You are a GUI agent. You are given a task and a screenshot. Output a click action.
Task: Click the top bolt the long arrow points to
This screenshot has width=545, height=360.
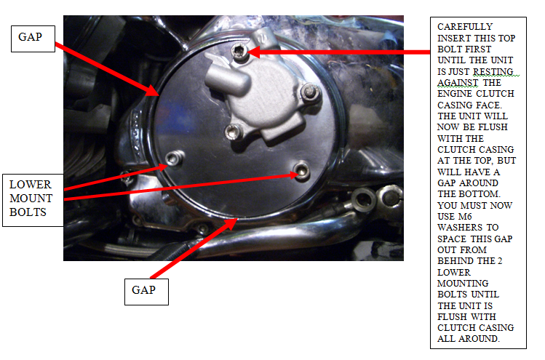(239, 52)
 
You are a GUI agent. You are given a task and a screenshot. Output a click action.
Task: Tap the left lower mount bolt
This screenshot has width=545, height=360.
(174, 159)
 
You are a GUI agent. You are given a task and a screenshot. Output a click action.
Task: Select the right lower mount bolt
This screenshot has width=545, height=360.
(301, 171)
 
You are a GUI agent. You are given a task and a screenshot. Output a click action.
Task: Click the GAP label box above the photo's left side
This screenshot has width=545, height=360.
(33, 39)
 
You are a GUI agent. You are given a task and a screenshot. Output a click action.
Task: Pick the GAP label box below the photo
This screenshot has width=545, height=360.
(146, 292)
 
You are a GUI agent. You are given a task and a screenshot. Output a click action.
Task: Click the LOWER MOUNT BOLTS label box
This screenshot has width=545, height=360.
(33, 200)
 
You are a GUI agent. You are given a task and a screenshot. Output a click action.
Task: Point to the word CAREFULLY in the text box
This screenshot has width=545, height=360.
(465, 27)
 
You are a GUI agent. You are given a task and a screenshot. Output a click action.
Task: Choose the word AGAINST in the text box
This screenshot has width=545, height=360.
(458, 83)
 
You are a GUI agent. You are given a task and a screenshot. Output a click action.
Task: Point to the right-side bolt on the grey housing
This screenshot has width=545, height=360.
(309, 92)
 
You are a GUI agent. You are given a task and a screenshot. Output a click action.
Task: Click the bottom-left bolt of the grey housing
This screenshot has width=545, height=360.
(232, 132)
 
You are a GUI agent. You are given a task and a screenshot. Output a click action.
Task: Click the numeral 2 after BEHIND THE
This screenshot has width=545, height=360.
(499, 261)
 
